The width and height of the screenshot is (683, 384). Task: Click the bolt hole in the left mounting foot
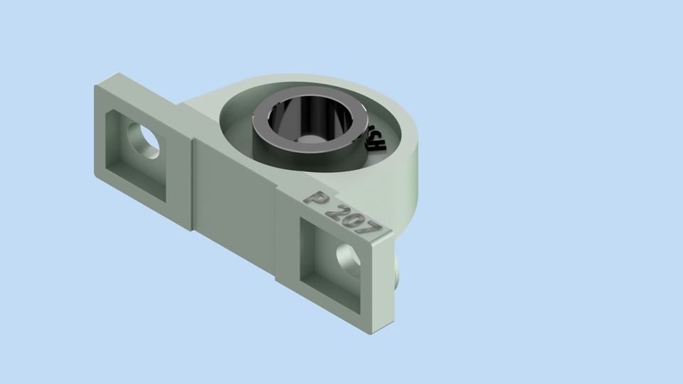pyautogui.click(x=144, y=137)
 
